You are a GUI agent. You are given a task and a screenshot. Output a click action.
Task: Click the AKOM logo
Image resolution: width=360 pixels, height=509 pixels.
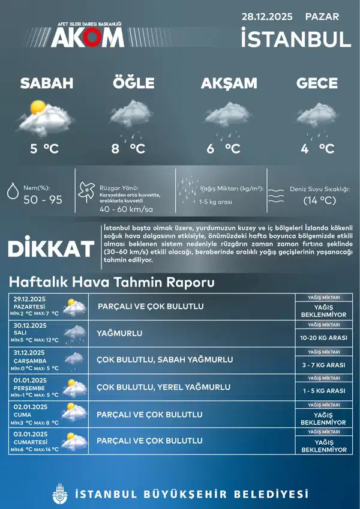(87, 36)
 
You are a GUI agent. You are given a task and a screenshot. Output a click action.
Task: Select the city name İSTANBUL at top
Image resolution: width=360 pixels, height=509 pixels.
(295, 39)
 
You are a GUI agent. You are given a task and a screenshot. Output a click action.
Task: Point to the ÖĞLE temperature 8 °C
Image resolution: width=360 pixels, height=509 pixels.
(129, 148)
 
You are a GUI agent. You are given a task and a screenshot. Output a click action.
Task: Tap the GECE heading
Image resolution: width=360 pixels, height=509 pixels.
(316, 83)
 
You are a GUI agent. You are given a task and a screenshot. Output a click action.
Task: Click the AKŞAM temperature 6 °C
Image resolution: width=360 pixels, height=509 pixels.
(223, 148)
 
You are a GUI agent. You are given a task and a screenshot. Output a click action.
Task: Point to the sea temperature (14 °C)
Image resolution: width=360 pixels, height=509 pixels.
(319, 200)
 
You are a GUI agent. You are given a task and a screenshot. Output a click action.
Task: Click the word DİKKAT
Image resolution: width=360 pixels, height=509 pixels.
(51, 248)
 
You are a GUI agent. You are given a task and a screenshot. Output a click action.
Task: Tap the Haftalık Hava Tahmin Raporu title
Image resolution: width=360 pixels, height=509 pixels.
(111, 282)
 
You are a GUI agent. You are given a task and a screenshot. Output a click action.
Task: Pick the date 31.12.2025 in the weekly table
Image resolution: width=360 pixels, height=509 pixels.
(28, 352)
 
